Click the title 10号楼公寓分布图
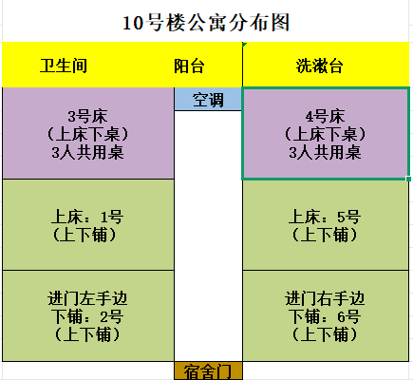pos(206,23)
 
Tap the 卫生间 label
pos(64,66)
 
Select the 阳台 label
pos(189,66)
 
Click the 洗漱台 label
pos(320,66)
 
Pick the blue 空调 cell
pos(208,99)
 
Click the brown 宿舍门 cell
pos(208,370)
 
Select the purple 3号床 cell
pos(88,133)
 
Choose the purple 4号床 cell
pos(326,134)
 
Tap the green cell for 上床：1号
pos(88,225)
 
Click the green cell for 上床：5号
pos(326,225)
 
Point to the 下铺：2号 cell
pos(88,315)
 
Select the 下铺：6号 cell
pos(326,315)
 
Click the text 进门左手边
pos(87,298)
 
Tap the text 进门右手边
pos(325,298)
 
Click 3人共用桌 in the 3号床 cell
pos(88,152)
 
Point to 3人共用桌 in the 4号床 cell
pos(325,152)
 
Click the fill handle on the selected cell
pos(408,179)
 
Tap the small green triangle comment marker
pos(244,45)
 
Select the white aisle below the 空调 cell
pos(208,236)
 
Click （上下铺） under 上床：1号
pos(84,235)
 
